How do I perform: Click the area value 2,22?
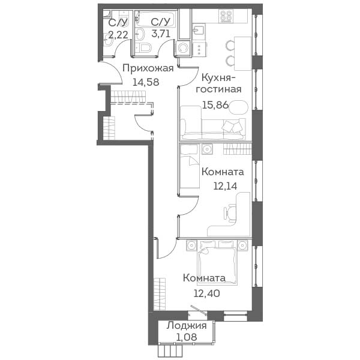[118, 35]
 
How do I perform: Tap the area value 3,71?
[161, 34]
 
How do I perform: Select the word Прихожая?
[148, 68]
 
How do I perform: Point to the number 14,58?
[146, 82]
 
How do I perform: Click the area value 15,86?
[215, 105]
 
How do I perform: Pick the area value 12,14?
[225, 186]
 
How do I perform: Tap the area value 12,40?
[206, 293]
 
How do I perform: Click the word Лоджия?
[187, 326]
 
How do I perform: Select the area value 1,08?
[187, 337]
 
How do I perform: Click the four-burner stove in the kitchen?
[226, 16]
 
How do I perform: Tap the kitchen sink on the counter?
[198, 30]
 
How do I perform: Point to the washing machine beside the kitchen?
[183, 48]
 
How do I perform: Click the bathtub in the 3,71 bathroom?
[155, 19]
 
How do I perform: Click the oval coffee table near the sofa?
[239, 107]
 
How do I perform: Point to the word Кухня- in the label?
[218, 77]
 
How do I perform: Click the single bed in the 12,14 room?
[189, 166]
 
